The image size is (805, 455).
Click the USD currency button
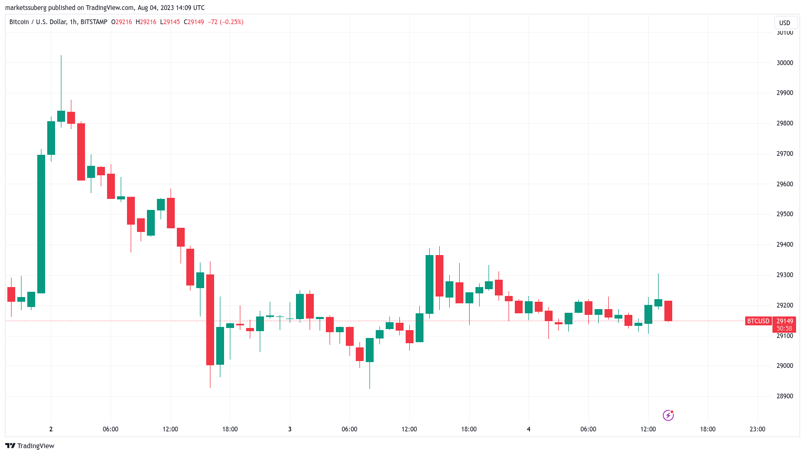(x=785, y=23)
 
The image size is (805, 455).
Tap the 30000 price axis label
(x=785, y=63)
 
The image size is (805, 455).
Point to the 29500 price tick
(x=785, y=214)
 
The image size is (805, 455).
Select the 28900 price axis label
(x=785, y=396)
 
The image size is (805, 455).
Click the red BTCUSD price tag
(x=758, y=321)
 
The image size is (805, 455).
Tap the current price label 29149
(x=785, y=321)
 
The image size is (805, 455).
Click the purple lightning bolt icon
(x=668, y=416)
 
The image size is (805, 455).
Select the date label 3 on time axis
(x=290, y=429)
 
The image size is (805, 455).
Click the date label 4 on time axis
(x=528, y=429)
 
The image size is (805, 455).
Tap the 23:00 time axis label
(x=757, y=429)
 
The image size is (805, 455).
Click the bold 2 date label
(x=51, y=429)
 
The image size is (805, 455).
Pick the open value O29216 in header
(x=122, y=22)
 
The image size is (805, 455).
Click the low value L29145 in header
(x=170, y=22)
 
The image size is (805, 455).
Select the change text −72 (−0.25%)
(x=226, y=22)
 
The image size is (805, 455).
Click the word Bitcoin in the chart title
(x=19, y=22)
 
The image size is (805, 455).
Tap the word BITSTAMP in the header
(x=94, y=22)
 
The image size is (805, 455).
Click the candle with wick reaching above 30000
(x=61, y=116)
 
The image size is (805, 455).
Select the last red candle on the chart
(x=668, y=311)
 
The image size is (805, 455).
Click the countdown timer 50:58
(x=785, y=329)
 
